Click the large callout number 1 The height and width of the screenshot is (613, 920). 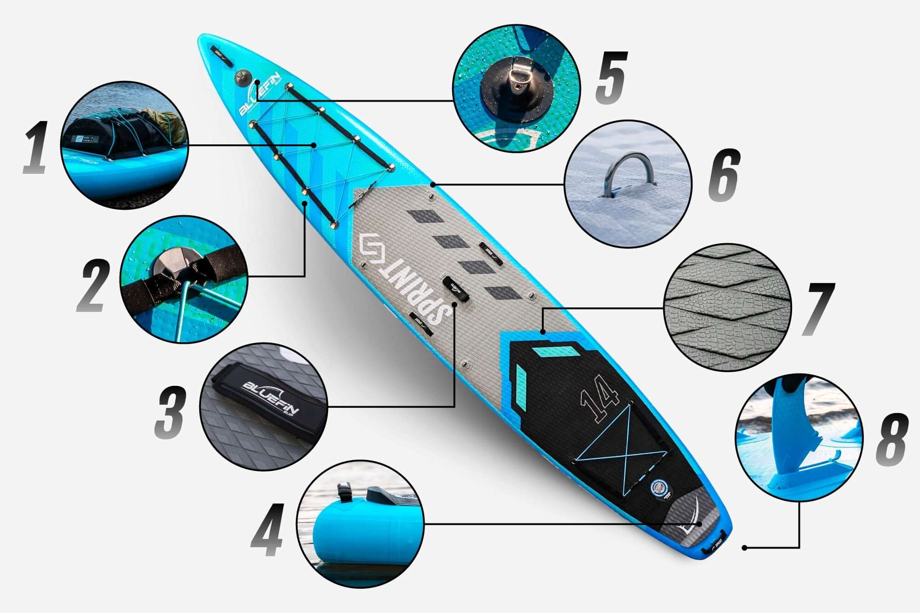(x=36, y=147)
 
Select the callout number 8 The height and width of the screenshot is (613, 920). (x=891, y=439)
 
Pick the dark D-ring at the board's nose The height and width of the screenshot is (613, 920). (x=241, y=76)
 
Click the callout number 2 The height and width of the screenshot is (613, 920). (x=94, y=286)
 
